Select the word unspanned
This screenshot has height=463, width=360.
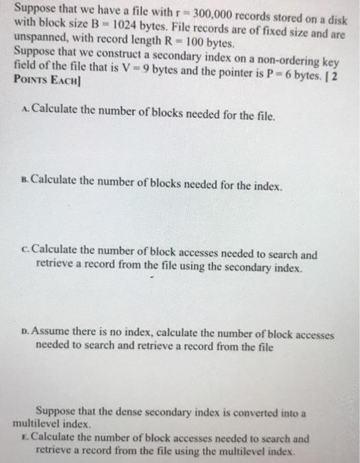tap(38, 40)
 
